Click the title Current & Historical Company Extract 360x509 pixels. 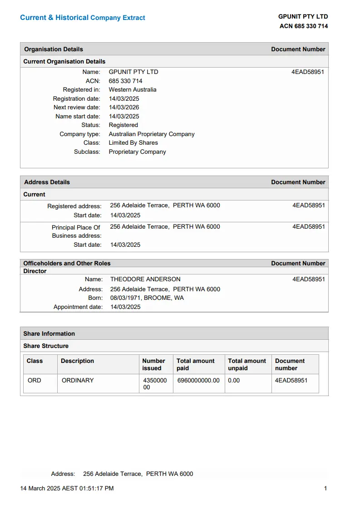tap(83, 18)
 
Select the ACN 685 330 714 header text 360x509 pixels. tap(303, 26)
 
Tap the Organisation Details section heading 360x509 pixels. tap(54, 49)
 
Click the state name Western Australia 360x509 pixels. tap(133, 89)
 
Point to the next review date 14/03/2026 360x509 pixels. tap(124, 107)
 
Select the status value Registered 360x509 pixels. tap(123, 125)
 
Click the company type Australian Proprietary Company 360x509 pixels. tap(152, 134)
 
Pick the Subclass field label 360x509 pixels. tap(87, 152)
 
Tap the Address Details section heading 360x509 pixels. tap(47, 182)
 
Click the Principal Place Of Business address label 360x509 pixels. tap(76, 231)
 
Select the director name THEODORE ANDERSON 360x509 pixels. tap(145, 279)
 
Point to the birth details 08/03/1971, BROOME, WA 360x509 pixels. tap(147, 298)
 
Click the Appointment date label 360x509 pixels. tap(78, 307)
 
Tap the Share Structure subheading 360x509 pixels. tap(46, 346)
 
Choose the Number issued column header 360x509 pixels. tap(153, 364)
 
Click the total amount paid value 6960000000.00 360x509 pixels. tap(198, 380)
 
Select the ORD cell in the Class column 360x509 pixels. tap(35, 380)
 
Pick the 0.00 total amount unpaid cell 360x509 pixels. tap(234, 380)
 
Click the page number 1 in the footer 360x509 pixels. tap(325, 488)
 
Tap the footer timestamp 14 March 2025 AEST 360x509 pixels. tap(67, 488)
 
